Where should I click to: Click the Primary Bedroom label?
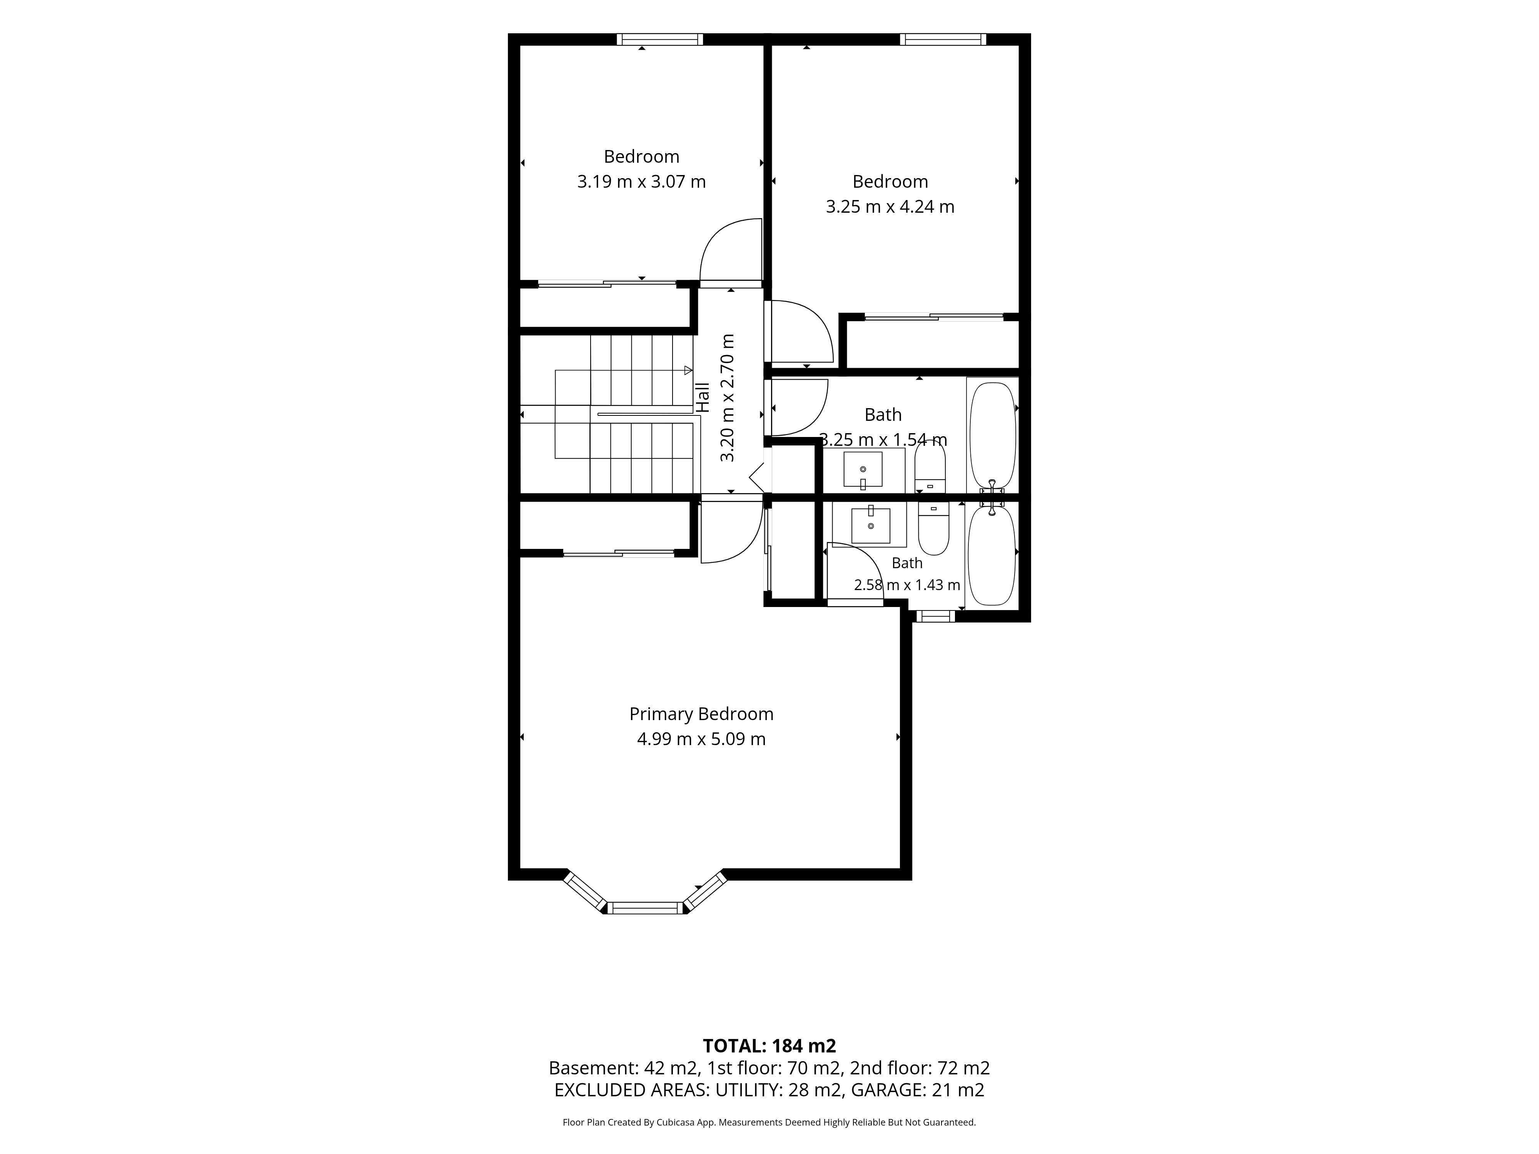[701, 714]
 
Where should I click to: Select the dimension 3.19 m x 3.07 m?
[641, 182]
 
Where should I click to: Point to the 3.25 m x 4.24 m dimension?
[890, 207]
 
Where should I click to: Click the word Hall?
[703, 398]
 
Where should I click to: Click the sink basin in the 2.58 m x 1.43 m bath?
[870, 526]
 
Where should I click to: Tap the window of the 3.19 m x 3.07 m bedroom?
[659, 40]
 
